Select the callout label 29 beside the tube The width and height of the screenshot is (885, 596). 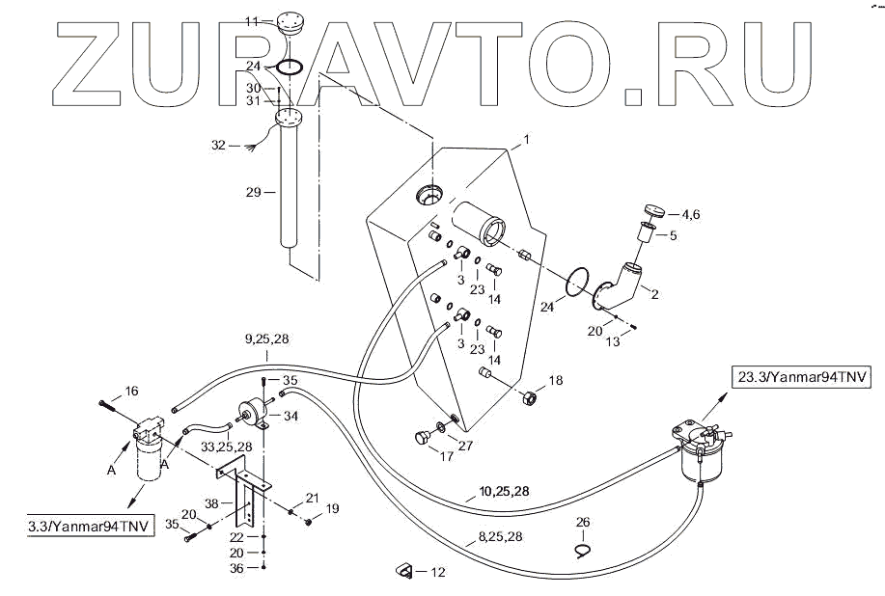(x=254, y=192)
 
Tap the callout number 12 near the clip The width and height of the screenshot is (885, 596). (x=437, y=573)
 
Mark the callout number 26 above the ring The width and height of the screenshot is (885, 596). (x=582, y=523)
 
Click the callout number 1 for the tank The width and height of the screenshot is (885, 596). (x=527, y=140)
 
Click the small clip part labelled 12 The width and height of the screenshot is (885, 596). (x=404, y=572)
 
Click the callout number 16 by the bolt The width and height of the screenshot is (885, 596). (x=131, y=391)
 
